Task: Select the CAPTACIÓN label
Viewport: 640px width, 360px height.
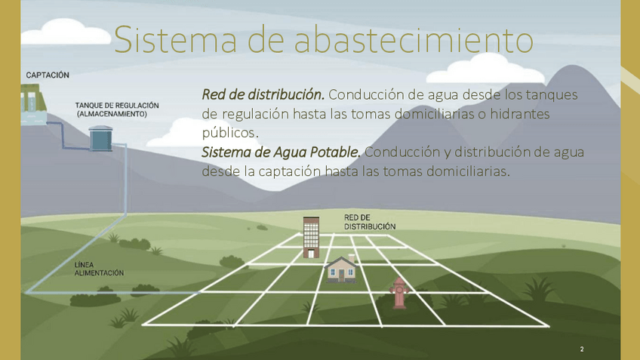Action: coord(48,75)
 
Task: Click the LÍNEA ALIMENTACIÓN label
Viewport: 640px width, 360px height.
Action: coord(99,269)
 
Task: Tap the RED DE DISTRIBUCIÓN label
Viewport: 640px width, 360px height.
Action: coord(370,222)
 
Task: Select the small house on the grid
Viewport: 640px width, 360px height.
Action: coord(341,269)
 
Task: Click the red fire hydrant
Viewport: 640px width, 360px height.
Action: coord(399,292)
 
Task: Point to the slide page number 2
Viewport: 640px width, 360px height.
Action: coord(582,349)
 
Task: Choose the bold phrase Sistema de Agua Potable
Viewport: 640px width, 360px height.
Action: coord(282,152)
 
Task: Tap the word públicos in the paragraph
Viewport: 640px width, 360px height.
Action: coord(230,133)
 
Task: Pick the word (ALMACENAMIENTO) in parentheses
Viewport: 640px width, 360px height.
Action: coord(112,114)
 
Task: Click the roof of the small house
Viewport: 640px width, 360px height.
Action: coord(341,261)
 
